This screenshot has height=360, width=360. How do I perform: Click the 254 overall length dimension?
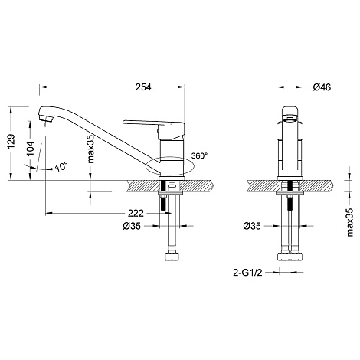pyautogui.click(x=143, y=87)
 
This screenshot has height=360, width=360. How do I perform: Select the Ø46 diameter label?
pyautogui.click(x=322, y=87)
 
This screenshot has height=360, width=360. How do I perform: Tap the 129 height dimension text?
pyautogui.click(x=11, y=141)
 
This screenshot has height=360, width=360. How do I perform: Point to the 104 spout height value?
pyautogui.click(x=31, y=149)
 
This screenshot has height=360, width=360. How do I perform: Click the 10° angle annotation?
pyautogui.click(x=61, y=166)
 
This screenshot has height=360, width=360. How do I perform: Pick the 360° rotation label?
pyautogui.click(x=199, y=155)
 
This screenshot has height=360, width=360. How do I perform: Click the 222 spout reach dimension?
pyautogui.click(x=136, y=213)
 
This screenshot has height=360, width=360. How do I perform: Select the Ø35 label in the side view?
pyautogui.click(x=132, y=226)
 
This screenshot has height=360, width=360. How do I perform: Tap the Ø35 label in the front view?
pyautogui.click(x=252, y=226)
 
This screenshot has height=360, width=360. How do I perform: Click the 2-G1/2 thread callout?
pyautogui.click(x=247, y=273)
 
